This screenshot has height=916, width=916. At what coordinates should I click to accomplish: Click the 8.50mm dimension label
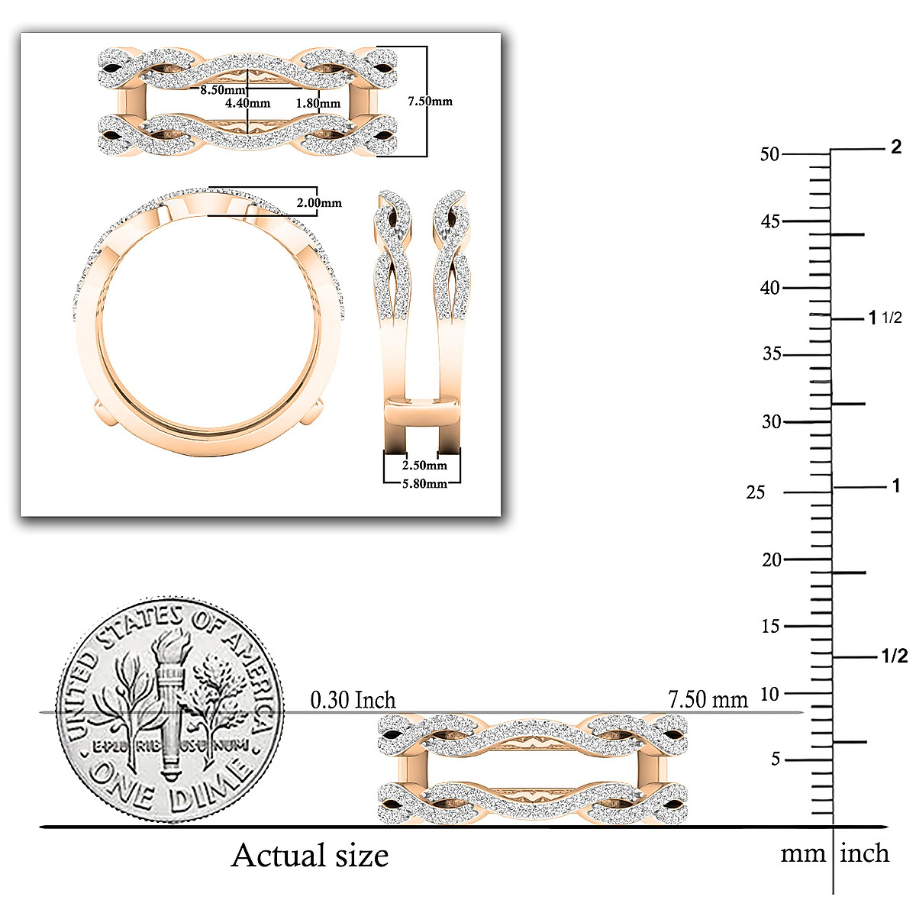pos(223,90)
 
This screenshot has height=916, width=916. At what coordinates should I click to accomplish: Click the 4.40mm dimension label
pos(247,103)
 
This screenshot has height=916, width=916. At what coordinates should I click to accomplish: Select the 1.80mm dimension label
pos(318,103)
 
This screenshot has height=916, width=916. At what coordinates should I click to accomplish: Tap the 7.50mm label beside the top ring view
pos(430,101)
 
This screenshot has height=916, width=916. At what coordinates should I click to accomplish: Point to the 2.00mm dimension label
pos(319,203)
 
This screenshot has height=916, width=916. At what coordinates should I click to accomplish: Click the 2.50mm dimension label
pos(424,465)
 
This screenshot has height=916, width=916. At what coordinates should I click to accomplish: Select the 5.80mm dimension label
pos(424,483)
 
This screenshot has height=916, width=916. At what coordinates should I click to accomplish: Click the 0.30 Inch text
pos(353,700)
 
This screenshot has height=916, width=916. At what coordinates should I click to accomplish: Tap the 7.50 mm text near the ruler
pos(708,699)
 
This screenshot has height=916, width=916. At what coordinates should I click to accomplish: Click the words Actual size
pos(310,856)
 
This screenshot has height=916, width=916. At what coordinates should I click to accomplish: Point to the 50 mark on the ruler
pos(769,154)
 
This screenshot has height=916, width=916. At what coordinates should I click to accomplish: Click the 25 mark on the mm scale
pos(755,493)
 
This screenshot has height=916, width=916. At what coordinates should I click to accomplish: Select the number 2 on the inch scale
pos(896,147)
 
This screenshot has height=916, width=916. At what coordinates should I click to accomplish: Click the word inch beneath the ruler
pos(864,853)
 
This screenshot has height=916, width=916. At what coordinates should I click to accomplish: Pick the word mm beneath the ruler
pos(802,854)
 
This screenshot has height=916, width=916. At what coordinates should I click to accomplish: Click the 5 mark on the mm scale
pos(776,760)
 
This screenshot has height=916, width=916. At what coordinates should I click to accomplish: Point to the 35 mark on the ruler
pos(772,354)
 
